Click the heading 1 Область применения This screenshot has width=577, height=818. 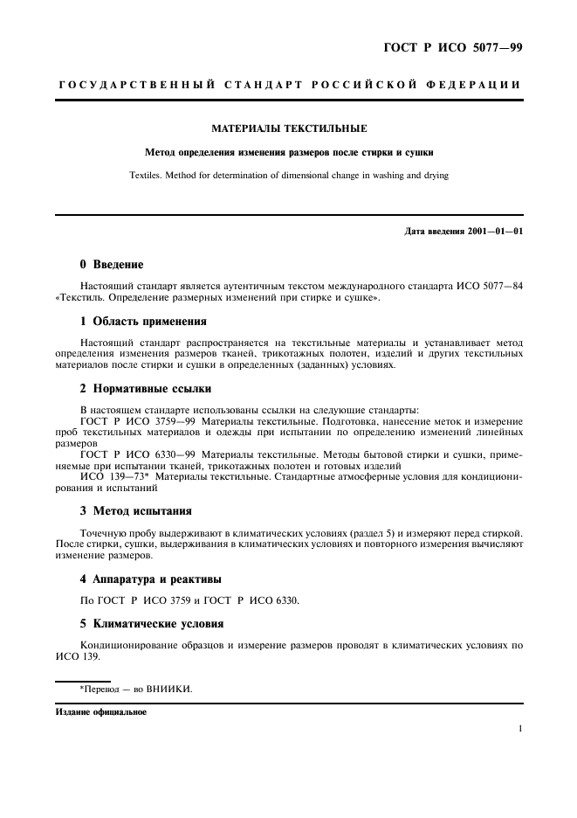(x=143, y=321)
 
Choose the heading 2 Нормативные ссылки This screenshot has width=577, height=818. (x=145, y=388)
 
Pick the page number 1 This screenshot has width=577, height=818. (x=519, y=728)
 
